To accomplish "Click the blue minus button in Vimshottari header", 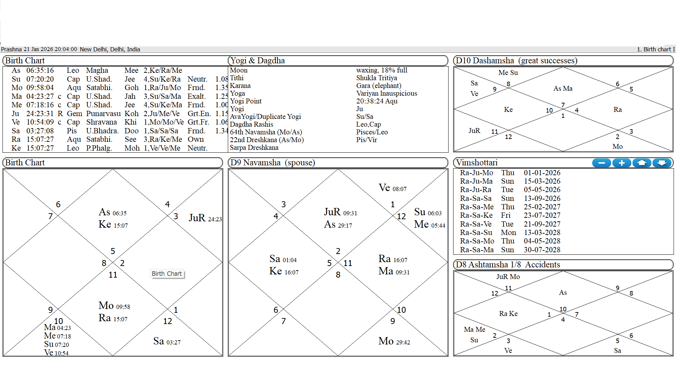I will coord(602,163).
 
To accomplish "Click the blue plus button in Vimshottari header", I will coord(622,163).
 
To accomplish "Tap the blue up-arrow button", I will coord(642,163).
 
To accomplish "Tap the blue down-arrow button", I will coord(662,163).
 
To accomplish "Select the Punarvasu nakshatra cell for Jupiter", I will coord(103,114).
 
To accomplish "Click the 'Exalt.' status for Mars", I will coord(196,96).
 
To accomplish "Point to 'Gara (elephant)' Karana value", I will coord(378,85).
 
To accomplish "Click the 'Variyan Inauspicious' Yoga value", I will coord(386,93).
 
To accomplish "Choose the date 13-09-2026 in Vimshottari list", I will coord(542,198).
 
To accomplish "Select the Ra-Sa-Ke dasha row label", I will coord(477,215).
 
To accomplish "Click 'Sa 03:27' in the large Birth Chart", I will coord(167,341).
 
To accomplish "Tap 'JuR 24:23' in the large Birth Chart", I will coord(205,218).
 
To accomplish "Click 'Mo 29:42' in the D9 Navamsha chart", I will coord(394,341).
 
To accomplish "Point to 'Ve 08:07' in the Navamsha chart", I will coord(392,188).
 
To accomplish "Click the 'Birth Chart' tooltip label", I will coord(167,274).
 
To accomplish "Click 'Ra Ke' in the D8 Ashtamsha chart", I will coord(508,313).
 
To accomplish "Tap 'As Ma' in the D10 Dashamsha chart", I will coord(563,89).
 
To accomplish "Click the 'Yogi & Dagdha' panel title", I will coord(257,61).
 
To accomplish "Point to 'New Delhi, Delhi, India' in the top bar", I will coord(110,49).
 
